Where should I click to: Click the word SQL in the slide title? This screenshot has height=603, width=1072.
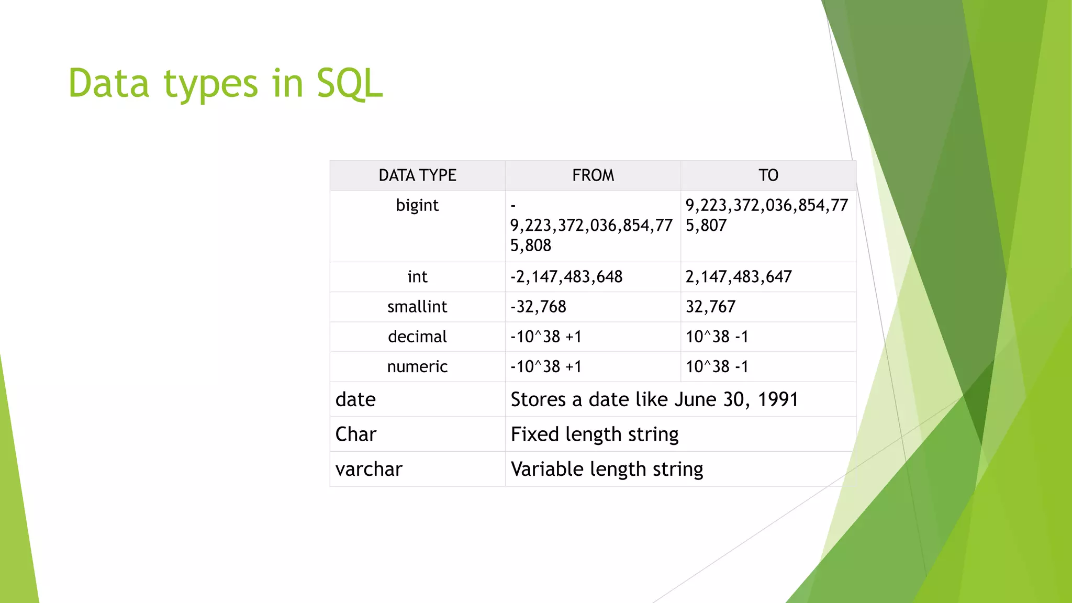350,84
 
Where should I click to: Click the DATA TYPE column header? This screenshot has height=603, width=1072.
417,175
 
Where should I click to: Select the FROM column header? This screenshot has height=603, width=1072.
593,175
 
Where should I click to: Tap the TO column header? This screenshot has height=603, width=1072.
768,175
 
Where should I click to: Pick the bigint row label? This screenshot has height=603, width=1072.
417,205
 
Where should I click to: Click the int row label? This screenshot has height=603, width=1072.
417,277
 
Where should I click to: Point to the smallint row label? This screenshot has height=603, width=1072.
417,307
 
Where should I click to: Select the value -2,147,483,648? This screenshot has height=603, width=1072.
566,277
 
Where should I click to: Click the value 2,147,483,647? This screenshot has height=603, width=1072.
739,277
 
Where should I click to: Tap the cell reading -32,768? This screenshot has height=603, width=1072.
538,307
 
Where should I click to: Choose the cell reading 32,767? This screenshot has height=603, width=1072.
710,307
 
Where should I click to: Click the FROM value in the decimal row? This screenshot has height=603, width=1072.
546,337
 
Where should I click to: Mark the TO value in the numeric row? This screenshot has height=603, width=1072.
717,366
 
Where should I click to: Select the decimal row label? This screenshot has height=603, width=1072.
417,337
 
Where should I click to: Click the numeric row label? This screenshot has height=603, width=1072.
417,366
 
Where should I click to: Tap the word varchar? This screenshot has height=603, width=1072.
368,470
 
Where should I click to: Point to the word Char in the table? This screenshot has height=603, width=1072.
355,434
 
